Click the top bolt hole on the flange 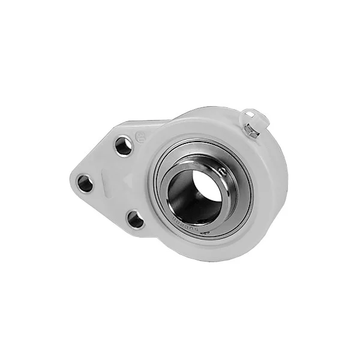[124, 146]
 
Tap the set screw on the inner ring [223, 172]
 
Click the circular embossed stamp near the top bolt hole [140, 136]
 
